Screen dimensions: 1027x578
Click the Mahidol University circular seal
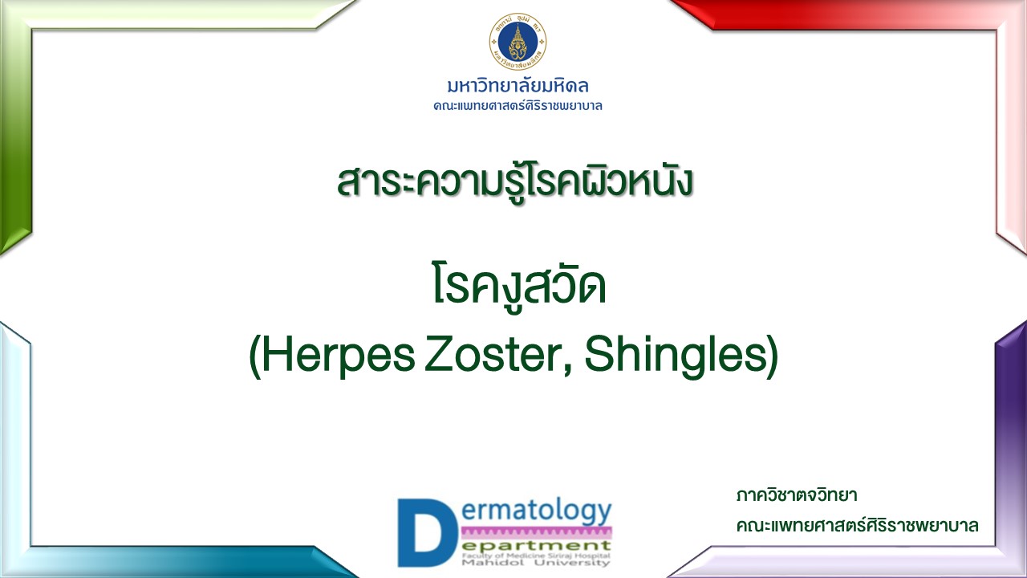518,42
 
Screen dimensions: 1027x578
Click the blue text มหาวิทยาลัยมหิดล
518,85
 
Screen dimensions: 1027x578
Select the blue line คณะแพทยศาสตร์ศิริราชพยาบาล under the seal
518,106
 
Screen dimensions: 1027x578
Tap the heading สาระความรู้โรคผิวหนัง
514,182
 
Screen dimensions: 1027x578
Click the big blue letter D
427,532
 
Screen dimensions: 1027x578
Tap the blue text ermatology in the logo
537,512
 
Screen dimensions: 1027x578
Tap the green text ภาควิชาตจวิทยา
797,495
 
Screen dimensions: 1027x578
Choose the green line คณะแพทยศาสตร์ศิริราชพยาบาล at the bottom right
858,526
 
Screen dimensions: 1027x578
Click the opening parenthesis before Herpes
255,357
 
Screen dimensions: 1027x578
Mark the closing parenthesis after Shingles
773,357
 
